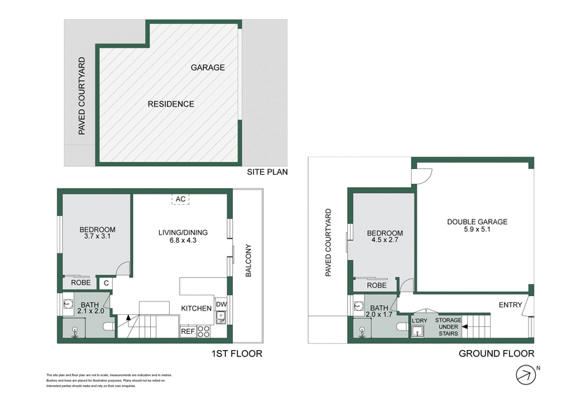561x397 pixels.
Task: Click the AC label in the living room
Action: pyautogui.click(x=180, y=199)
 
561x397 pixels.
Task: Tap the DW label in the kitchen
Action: pyautogui.click(x=221, y=304)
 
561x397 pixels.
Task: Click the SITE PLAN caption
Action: pyautogui.click(x=267, y=172)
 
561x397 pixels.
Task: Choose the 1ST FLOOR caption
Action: pyautogui.click(x=237, y=354)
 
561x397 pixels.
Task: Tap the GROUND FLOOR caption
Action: pyautogui.click(x=496, y=354)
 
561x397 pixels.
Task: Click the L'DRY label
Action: pyautogui.click(x=419, y=321)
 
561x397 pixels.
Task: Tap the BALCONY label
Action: pyautogui.click(x=248, y=262)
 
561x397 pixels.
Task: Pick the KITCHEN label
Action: pyautogui.click(x=196, y=309)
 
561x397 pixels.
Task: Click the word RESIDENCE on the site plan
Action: pyautogui.click(x=170, y=104)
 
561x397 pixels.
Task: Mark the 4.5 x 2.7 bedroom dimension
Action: pyautogui.click(x=385, y=242)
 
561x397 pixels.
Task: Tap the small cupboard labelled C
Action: pyautogui.click(x=105, y=283)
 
